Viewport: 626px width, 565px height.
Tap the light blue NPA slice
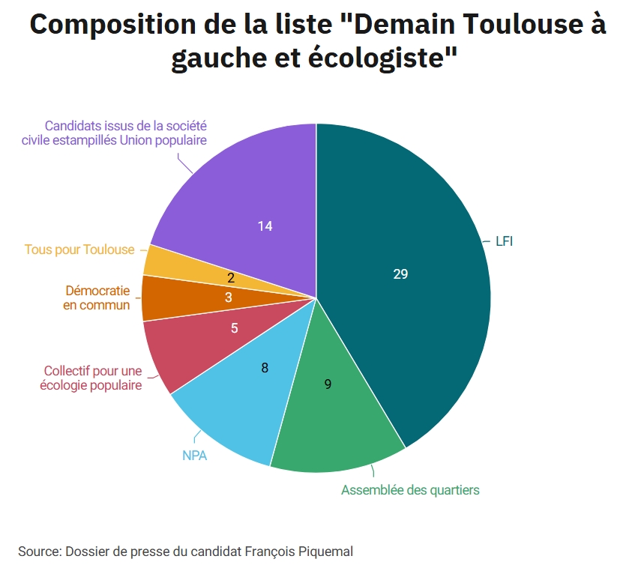pyautogui.click(x=240, y=397)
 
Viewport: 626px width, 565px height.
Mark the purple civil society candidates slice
pyautogui.click(x=247, y=195)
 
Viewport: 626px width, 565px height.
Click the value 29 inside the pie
pyautogui.click(x=400, y=274)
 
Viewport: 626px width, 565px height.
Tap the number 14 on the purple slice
pyautogui.click(x=265, y=226)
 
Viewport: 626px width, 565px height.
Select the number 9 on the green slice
pyautogui.click(x=328, y=384)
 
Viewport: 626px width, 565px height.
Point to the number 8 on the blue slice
pyautogui.click(x=265, y=368)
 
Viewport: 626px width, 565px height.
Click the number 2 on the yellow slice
pyautogui.click(x=231, y=278)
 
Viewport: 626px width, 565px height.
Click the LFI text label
pyautogui.click(x=504, y=242)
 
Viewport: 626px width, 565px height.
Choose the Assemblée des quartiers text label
pyautogui.click(x=410, y=490)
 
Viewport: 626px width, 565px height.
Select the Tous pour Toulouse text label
pyautogui.click(x=79, y=250)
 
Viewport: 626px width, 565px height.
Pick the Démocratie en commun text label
pyautogui.click(x=97, y=297)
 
